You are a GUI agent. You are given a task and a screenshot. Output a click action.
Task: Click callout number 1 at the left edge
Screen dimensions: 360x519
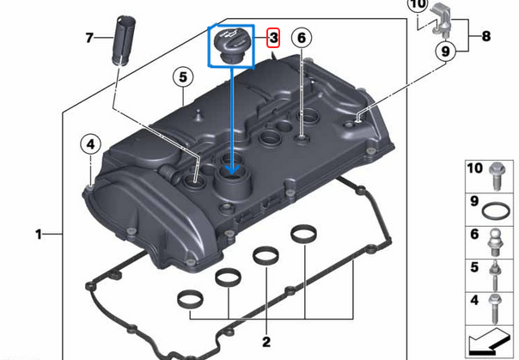pyautogui.click(x=39, y=234)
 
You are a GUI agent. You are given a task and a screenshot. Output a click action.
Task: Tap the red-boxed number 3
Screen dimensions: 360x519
pyautogui.click(x=273, y=38)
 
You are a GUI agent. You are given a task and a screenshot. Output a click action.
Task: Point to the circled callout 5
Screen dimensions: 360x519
pyautogui.click(x=182, y=76)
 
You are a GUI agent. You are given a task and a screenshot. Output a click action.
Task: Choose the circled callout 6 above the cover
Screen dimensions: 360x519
pyautogui.click(x=300, y=38)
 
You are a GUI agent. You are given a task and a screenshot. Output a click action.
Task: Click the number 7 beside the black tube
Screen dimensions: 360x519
pyautogui.click(x=89, y=38)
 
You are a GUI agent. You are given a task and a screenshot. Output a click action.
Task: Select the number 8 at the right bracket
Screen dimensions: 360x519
pyautogui.click(x=486, y=37)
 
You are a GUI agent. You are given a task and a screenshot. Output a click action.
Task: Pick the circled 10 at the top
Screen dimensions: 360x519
pyautogui.click(x=417, y=5)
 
